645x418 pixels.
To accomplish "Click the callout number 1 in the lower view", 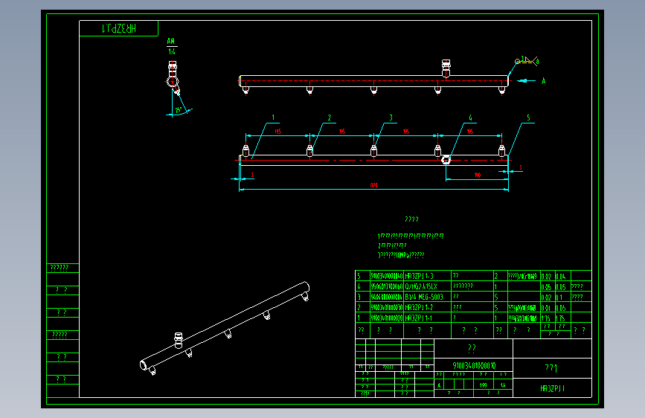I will coord(273,118).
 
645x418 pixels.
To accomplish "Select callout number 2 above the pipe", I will coord(329,118).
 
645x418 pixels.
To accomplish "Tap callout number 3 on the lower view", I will coord(391,118).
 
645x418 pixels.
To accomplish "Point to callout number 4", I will coord(470,118).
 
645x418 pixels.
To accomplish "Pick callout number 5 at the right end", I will coord(528,118).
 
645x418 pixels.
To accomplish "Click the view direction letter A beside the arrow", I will coord(543,80).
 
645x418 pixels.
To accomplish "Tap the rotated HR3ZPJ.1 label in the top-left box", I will coord(119,29).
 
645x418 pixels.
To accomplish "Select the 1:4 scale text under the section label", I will coord(171,51).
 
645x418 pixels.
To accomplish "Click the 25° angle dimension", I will coord(178,111).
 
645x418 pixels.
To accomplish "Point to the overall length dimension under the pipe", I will coord(373,185).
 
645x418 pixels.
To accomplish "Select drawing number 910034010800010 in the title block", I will coord(474,366).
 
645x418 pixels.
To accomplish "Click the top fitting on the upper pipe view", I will coord(446,68).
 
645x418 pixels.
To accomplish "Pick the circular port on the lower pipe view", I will coord(446,158).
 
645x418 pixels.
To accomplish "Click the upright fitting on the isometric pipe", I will coord(177,339).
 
